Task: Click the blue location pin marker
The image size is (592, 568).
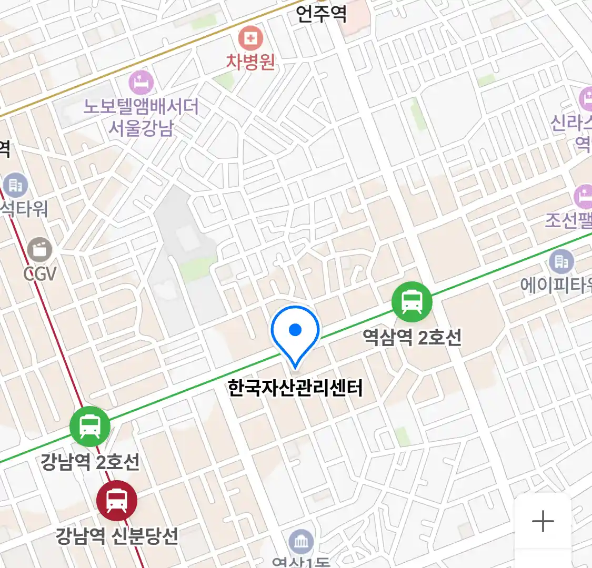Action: pos(295,331)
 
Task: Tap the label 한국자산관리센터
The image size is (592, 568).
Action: pos(295,388)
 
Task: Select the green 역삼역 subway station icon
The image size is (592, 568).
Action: pos(412,302)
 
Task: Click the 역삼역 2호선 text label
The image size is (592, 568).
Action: pos(412,337)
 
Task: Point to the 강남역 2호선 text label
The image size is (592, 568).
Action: pos(90,462)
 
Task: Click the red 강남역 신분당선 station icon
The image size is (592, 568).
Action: pos(117,500)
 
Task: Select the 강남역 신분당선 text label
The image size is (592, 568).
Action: pos(117,536)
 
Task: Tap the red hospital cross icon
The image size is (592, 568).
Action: pos(250,38)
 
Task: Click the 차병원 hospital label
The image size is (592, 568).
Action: pos(250,62)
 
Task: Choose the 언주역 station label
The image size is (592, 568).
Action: pos(321,13)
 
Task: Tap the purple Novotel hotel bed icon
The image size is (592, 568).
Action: pos(141,83)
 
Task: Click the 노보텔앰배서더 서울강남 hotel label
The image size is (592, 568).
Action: pos(141,117)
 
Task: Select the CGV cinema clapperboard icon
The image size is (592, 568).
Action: pos(39,249)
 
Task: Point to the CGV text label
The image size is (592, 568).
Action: pos(39,273)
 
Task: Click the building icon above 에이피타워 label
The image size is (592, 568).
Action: pos(561,261)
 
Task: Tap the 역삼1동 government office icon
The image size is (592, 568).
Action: pos(301,542)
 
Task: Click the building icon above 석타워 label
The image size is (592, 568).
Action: pos(15,185)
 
